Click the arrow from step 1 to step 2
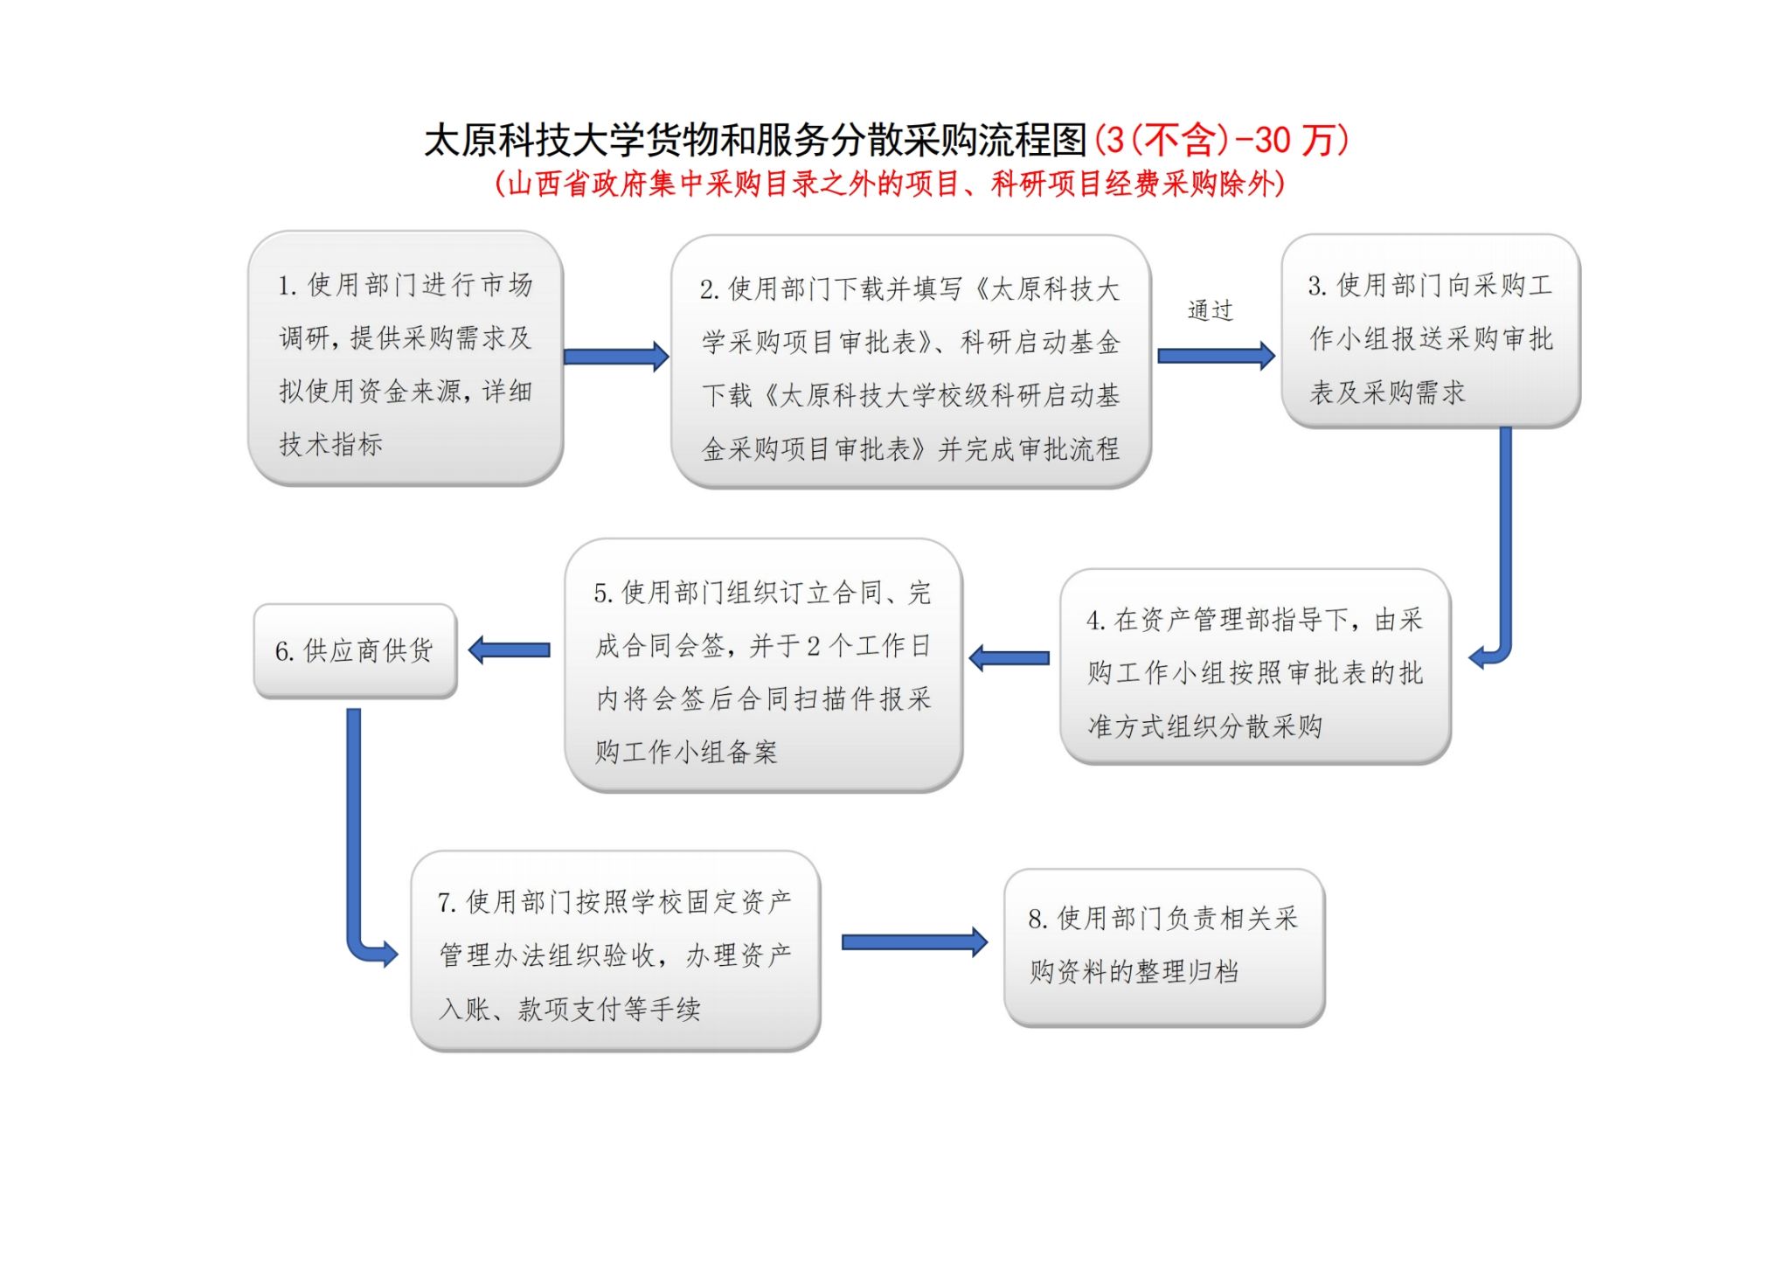click(616, 357)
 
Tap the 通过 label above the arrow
click(1211, 310)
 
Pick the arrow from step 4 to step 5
click(1009, 658)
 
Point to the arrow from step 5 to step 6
click(510, 649)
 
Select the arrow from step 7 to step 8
click(914, 942)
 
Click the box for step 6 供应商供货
click(355, 651)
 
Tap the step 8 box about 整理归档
click(1164, 948)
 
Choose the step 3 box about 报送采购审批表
click(1431, 331)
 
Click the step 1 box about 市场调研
click(406, 358)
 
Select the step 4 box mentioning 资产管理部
click(1255, 667)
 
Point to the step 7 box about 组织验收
click(615, 951)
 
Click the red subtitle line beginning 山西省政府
click(889, 184)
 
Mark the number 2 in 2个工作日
click(813, 646)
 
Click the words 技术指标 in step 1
click(331, 444)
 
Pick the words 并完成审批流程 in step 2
click(1029, 449)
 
